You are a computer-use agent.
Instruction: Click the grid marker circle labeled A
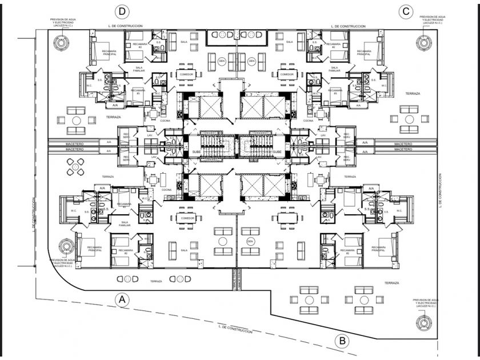121,299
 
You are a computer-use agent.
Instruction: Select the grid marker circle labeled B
342,342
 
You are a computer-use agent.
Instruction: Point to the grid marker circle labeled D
121,11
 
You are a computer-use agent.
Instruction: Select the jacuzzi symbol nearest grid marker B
424,323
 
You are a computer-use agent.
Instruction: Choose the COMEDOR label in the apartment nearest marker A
187,218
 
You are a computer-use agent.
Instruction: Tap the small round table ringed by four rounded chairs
75,167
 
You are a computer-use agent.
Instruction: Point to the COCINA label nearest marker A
166,189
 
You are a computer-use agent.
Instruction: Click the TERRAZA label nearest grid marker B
391,283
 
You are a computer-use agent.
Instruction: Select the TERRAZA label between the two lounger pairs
156,281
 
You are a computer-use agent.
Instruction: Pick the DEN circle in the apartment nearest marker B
250,241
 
